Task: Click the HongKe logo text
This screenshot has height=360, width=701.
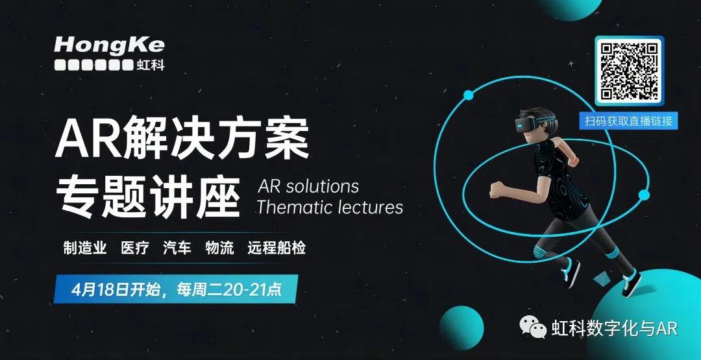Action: pyautogui.click(x=110, y=45)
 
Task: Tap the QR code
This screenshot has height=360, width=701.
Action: pyautogui.click(x=630, y=71)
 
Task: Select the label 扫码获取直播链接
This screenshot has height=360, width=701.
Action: pyautogui.click(x=628, y=121)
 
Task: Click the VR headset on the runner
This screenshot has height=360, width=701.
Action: pyautogui.click(x=532, y=123)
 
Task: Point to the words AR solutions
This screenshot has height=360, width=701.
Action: pyautogui.click(x=308, y=186)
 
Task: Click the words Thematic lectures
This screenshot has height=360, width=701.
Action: pyautogui.click(x=330, y=208)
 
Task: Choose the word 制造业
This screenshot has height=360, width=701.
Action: pyautogui.click(x=85, y=248)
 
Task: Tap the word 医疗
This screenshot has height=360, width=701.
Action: pyautogui.click(x=135, y=248)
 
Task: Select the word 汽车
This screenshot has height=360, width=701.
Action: pyautogui.click(x=177, y=248)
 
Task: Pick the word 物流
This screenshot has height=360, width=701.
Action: pyautogui.click(x=219, y=248)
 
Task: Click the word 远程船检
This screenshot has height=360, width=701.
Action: pyautogui.click(x=277, y=248)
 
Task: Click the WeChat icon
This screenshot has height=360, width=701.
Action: pyautogui.click(x=532, y=327)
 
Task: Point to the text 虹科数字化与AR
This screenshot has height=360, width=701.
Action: pyautogui.click(x=615, y=328)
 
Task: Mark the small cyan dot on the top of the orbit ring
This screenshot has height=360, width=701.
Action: pyautogui.click(x=468, y=95)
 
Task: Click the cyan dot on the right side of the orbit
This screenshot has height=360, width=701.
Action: pyautogui.click(x=644, y=195)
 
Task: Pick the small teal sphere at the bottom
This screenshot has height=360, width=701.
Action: pyautogui.click(x=461, y=328)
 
